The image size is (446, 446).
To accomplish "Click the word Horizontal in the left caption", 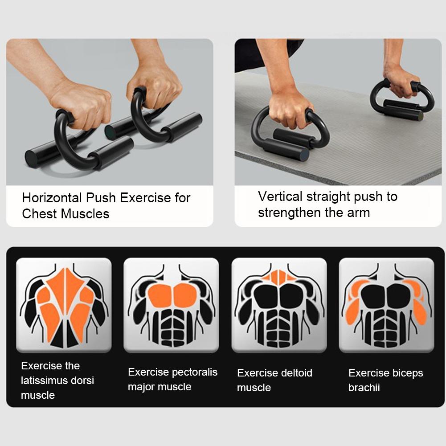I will [x=52, y=198].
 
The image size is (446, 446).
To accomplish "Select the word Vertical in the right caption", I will [x=279, y=196].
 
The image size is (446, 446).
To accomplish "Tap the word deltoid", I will [x=295, y=373].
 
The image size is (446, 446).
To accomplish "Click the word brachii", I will [x=364, y=388].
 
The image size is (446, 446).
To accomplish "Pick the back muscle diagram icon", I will [x=64, y=305].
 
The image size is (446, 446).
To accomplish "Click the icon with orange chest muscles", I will [x=171, y=305].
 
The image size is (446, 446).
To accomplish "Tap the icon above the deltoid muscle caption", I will [x=279, y=305].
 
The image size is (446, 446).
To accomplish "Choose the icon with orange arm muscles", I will [x=386, y=305].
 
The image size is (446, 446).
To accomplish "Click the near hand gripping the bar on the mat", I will [x=290, y=107].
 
